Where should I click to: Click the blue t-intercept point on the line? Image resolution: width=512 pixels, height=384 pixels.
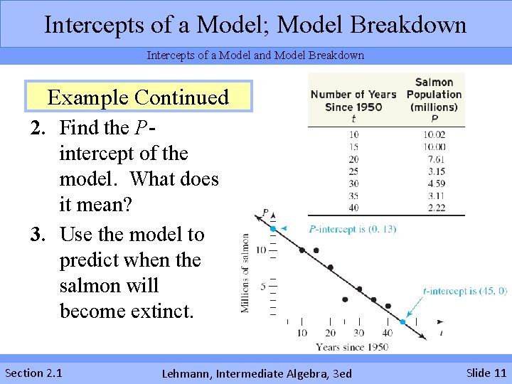(402, 321)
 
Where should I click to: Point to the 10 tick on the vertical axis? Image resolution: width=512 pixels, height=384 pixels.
(261, 250)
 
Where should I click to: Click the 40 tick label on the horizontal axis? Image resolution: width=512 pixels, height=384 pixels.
(388, 333)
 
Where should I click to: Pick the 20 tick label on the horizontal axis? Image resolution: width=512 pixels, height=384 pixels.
(330, 333)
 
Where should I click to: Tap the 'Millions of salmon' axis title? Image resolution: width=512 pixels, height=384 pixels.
(245, 273)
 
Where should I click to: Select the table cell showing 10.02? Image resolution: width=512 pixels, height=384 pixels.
(434, 134)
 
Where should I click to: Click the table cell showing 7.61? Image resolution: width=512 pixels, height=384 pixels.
(434, 159)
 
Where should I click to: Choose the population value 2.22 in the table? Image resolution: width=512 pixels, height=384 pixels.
(434, 208)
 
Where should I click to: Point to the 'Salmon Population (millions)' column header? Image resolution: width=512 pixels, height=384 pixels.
(434, 95)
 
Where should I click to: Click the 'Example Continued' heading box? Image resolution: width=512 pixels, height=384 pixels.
(138, 97)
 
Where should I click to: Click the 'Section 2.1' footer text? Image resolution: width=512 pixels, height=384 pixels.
(33, 373)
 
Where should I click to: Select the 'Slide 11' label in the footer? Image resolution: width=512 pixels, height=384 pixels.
(486, 373)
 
